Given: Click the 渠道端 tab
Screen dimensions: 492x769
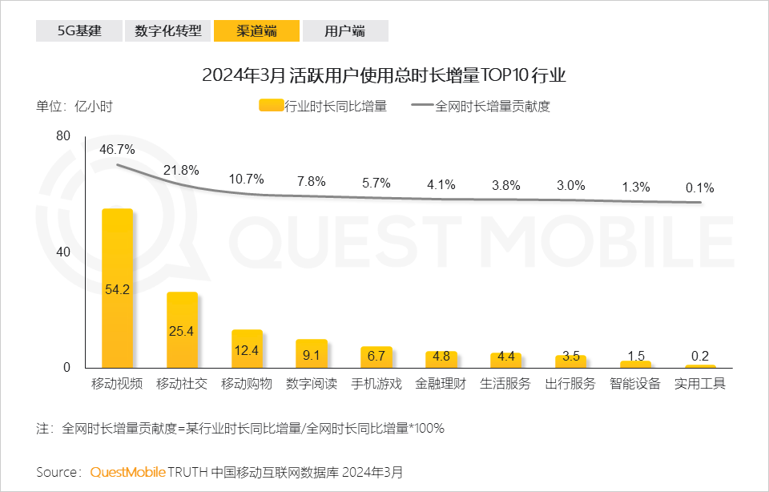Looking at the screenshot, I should point(256,31).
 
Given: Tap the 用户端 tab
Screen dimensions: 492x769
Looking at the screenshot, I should point(345,31).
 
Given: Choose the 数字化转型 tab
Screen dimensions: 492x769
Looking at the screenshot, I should point(167,31).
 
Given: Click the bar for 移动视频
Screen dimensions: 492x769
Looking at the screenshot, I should point(117,288).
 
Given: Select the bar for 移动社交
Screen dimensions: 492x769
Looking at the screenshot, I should point(182,329).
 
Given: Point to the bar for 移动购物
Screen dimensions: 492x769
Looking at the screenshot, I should point(247,349).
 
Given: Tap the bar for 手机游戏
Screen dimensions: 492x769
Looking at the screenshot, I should point(376,357).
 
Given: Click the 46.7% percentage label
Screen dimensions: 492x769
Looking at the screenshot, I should point(117,149).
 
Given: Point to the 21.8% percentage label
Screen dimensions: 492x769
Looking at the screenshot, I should point(181,170).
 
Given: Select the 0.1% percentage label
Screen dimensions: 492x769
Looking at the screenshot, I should point(699,188).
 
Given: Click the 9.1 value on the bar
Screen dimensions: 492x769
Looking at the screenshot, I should point(312,353).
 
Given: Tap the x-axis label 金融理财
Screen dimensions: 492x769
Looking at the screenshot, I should point(441,383).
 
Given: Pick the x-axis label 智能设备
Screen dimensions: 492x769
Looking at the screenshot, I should point(634,383).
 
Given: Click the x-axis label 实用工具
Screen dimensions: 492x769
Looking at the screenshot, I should point(699,383).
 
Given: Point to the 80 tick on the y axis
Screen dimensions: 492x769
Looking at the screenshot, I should point(63,136).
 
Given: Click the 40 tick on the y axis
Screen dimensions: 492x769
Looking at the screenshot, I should point(63,252).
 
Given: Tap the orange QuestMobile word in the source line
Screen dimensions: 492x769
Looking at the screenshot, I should point(128,471).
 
